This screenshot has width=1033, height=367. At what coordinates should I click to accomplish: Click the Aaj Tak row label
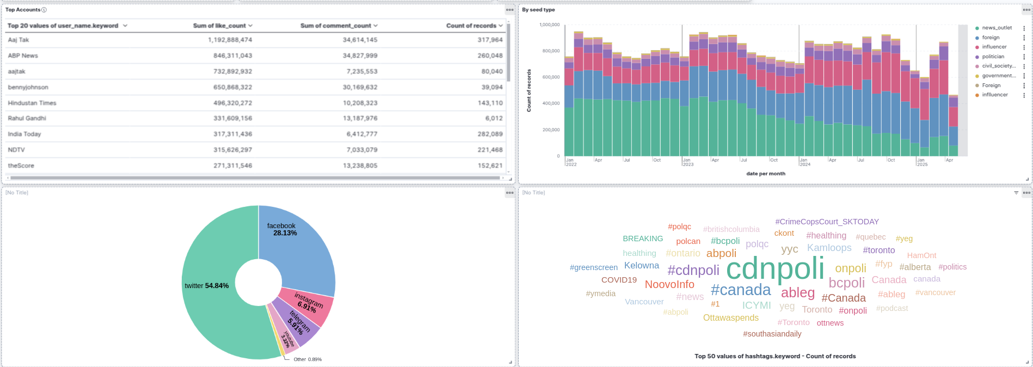coord(19,40)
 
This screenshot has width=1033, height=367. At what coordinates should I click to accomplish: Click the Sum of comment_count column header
coord(336,26)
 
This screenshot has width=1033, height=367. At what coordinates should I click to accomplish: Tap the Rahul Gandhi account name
coord(27,118)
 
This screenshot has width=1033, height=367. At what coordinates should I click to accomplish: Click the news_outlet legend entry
coord(997,28)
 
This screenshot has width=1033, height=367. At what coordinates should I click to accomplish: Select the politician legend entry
coord(993,57)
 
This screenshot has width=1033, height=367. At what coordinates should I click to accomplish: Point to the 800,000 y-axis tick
coord(550,51)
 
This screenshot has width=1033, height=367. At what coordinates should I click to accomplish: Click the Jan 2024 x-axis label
coord(804,162)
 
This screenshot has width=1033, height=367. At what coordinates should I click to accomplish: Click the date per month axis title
coord(765,174)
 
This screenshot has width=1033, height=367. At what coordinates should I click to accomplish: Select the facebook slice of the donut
coord(297,245)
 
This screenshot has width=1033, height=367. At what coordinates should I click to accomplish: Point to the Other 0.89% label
coord(308,359)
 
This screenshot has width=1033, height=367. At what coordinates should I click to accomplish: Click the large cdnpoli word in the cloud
coord(775,268)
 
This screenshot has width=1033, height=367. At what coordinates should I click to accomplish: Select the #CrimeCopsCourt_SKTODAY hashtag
coord(827,222)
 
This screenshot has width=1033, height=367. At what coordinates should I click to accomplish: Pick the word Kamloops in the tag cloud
coord(829,248)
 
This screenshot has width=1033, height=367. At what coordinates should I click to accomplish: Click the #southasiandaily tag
coord(772,334)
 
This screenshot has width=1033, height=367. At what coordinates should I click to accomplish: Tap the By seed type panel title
coord(538,10)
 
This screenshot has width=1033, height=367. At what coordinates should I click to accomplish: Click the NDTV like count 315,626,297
coord(232,150)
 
